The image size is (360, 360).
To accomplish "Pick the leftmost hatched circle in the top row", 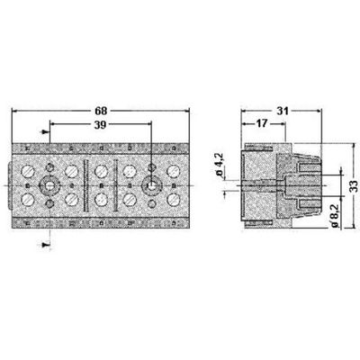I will pyautogui.click(x=31, y=169).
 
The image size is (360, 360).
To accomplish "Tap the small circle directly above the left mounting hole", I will pyautogui.click(x=49, y=166).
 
